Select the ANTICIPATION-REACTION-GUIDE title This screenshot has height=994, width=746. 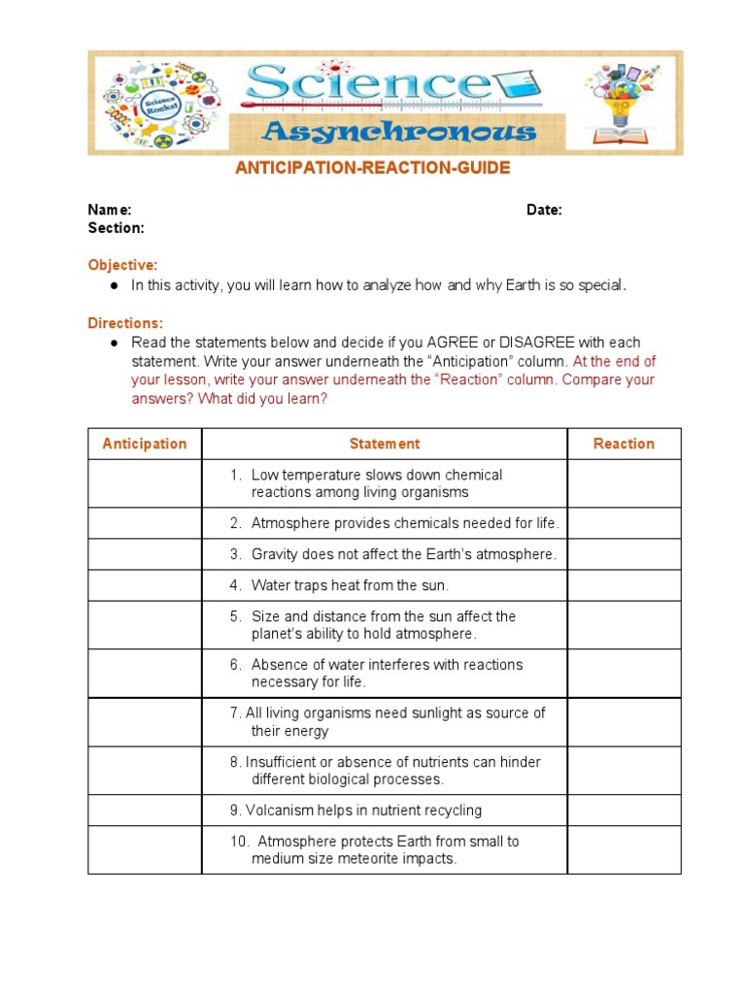(372, 169)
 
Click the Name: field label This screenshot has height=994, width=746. (110, 211)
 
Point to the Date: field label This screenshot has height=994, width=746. (544, 211)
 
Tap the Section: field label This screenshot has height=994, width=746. (117, 228)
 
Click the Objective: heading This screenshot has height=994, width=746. (122, 265)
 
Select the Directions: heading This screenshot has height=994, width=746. (125, 323)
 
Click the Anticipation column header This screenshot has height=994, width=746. (144, 444)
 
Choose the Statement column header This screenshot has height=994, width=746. (385, 444)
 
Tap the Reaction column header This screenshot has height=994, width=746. (624, 444)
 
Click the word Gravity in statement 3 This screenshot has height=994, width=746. (274, 554)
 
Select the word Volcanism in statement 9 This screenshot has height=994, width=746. (277, 811)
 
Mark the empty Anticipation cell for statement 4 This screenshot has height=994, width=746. (144, 585)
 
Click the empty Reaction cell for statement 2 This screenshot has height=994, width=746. (624, 523)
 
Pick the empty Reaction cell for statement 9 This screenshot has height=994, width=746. (624, 811)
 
